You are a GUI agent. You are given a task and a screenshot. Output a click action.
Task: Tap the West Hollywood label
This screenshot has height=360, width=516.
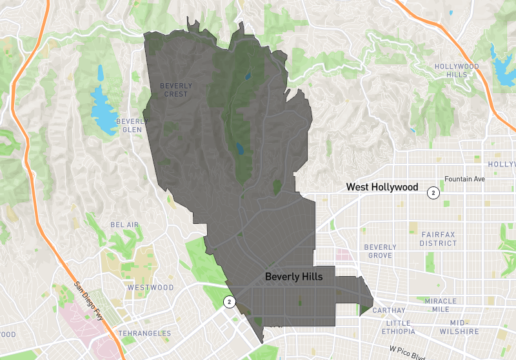pyautogui.click(x=382, y=187)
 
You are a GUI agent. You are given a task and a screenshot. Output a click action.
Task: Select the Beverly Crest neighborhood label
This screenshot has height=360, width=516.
pyautogui.click(x=175, y=90)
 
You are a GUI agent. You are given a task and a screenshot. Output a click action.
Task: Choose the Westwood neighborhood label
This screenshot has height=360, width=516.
pyautogui.click(x=150, y=287)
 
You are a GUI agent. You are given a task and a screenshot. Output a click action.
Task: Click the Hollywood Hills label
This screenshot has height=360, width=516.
pyautogui.click(x=457, y=70)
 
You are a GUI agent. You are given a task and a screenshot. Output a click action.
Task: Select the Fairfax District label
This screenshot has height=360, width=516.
pyautogui.click(x=439, y=239)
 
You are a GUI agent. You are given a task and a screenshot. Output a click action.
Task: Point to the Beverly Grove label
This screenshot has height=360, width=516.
pyautogui.click(x=380, y=251)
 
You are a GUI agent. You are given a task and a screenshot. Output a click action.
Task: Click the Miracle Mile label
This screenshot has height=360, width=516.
pyautogui.click(x=441, y=305)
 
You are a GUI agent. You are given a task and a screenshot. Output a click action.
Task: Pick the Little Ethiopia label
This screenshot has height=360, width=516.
pyautogui.click(x=406, y=326)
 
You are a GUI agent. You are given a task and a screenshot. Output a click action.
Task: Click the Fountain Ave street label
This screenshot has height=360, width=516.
pyautogui.click(x=464, y=179)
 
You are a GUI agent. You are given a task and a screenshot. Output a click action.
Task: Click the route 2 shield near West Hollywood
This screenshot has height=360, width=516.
pyautogui.click(x=434, y=192)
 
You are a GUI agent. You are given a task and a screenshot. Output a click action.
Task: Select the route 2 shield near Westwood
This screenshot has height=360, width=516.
pyautogui.click(x=228, y=301)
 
